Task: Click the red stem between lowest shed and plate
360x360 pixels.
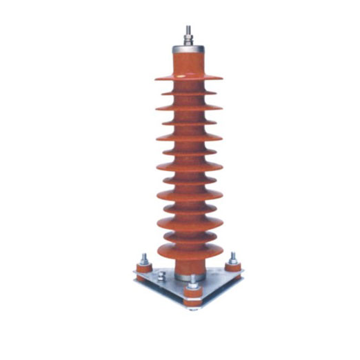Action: click(x=188, y=266)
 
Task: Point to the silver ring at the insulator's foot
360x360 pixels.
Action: click(x=187, y=277)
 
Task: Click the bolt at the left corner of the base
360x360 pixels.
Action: click(x=145, y=260)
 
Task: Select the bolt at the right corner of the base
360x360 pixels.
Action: click(x=233, y=258)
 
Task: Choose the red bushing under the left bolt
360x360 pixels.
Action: click(x=144, y=270)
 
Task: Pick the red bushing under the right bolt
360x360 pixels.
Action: click(x=234, y=268)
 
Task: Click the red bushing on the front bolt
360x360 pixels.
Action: click(x=193, y=297)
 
